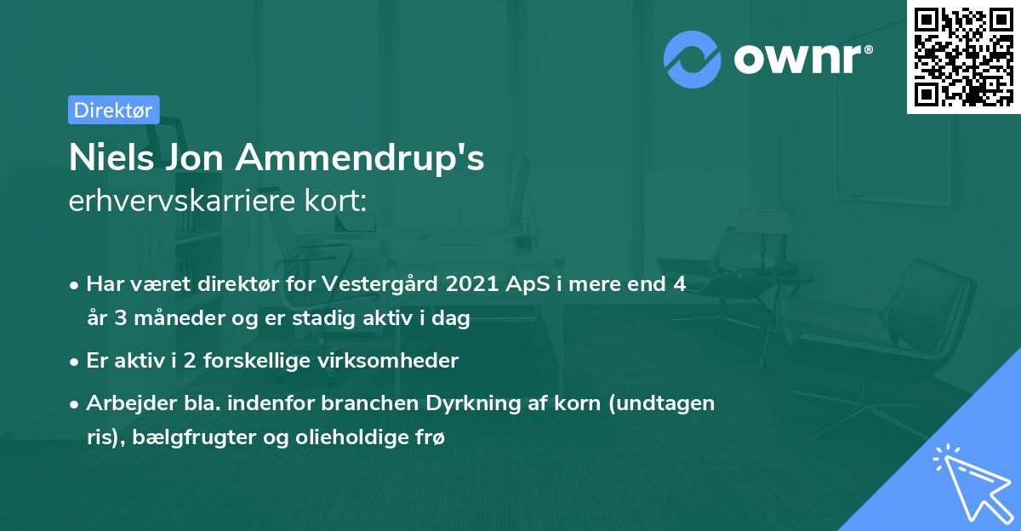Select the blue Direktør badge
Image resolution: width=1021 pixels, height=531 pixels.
click(x=113, y=111)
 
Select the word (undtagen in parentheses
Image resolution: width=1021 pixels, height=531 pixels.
click(x=666, y=403)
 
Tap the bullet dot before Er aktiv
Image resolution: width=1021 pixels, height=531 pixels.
click(x=76, y=362)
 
